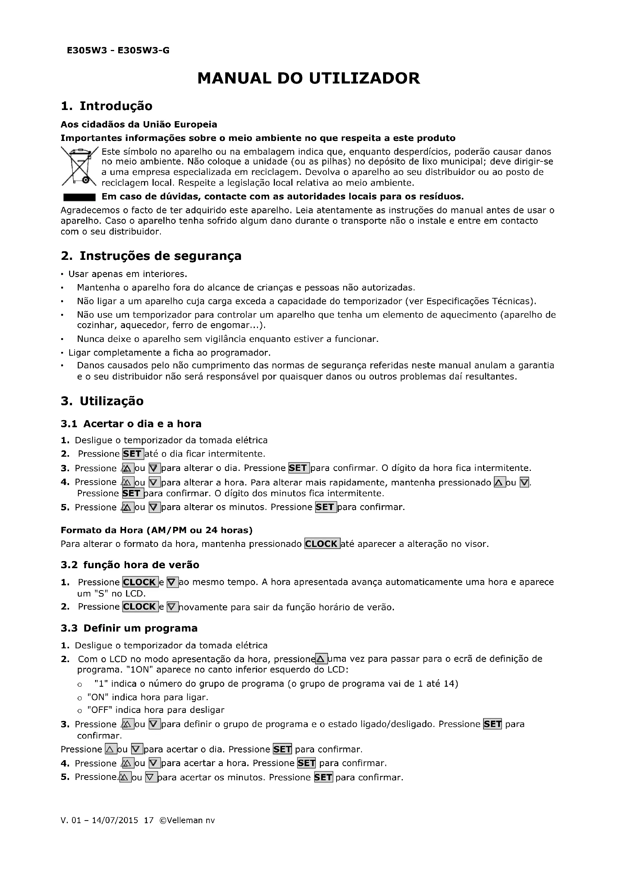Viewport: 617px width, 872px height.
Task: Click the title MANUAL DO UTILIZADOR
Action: (x=308, y=78)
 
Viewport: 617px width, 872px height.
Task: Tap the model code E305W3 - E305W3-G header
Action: (x=118, y=50)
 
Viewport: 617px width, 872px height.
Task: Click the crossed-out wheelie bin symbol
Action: (x=79, y=166)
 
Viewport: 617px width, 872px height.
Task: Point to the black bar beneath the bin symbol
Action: (x=79, y=197)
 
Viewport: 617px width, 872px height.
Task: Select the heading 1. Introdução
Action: (x=106, y=106)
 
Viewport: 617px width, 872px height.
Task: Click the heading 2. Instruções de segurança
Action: (x=151, y=256)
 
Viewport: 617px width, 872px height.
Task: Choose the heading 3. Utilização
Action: (x=102, y=401)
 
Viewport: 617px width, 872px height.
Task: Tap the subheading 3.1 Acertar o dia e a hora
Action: (x=131, y=424)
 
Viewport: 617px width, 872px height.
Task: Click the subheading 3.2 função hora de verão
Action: (x=130, y=565)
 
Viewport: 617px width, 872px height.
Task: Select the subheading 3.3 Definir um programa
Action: (x=129, y=628)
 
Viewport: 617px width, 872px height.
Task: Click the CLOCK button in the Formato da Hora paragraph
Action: (x=322, y=544)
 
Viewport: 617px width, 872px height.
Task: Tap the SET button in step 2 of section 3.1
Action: (x=132, y=454)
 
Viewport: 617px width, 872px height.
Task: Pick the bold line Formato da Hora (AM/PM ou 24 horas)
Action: (x=157, y=530)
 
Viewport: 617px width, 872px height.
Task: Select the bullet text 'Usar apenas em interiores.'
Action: (x=128, y=274)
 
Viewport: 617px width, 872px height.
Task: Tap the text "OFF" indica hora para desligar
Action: (x=156, y=710)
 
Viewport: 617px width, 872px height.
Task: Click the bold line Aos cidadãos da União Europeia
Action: (x=139, y=125)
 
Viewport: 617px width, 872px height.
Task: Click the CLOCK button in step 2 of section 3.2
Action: (x=140, y=607)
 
